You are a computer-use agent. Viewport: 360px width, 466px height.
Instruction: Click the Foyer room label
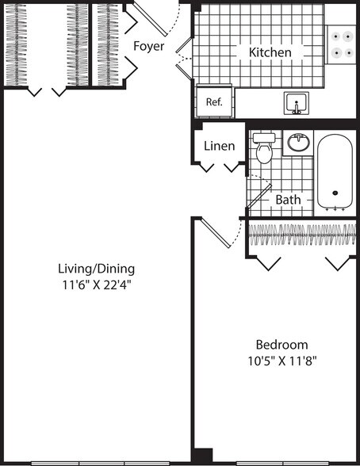point(149,46)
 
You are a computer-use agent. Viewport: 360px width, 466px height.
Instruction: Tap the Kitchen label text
point(270,52)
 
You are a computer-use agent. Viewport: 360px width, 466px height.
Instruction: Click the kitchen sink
point(297,103)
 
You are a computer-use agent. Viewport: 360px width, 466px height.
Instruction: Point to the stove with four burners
point(342,44)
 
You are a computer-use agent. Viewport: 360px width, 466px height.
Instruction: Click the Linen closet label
point(219,146)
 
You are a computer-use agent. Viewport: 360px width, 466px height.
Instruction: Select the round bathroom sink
point(298,143)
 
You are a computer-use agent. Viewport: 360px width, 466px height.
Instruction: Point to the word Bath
point(288,200)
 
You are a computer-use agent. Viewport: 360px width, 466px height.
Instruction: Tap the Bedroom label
point(281,345)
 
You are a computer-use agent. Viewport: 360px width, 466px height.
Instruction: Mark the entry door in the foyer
point(154,16)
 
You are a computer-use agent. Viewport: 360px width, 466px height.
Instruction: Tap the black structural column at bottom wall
point(203,456)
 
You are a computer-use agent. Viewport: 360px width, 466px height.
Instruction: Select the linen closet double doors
point(220,167)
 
